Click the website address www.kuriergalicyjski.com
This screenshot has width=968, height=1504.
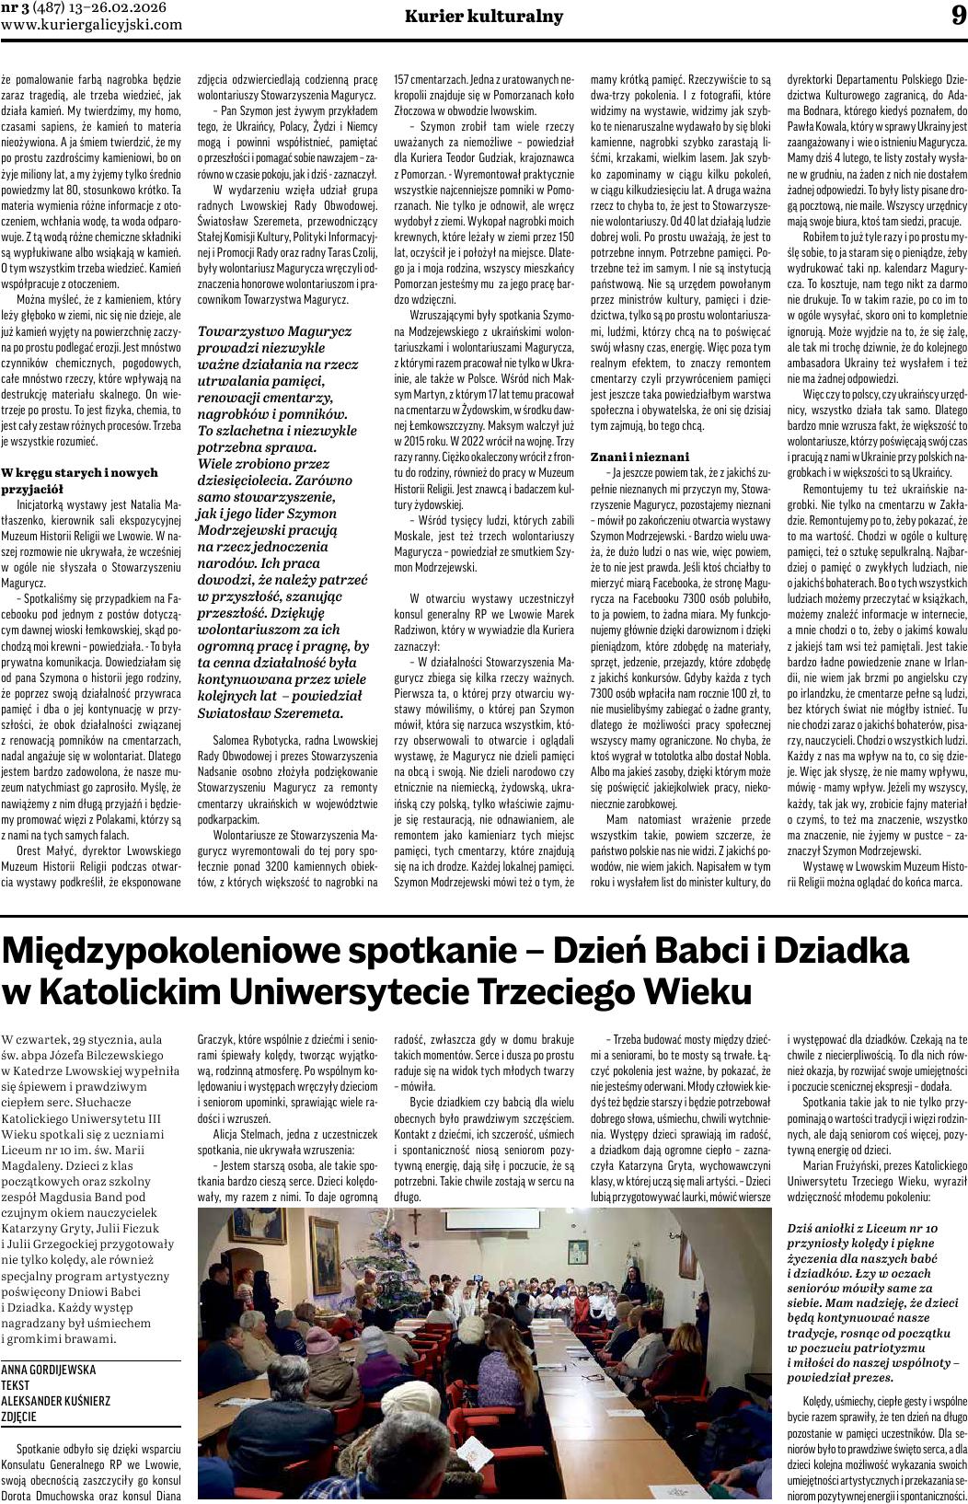[x=92, y=25]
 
